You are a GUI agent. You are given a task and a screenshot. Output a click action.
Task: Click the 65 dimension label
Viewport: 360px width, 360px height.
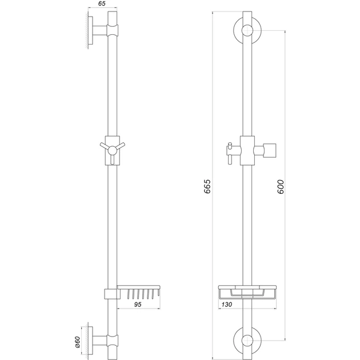(102, 3)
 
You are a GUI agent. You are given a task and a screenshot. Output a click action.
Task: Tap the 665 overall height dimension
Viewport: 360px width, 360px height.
(207, 186)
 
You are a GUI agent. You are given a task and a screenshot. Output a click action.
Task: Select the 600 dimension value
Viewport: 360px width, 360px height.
(281, 187)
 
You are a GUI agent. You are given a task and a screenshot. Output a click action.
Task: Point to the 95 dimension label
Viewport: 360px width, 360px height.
(138, 305)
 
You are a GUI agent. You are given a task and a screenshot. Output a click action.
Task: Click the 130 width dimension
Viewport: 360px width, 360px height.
(227, 305)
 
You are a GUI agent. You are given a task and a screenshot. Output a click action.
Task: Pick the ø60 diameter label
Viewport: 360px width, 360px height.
(78, 342)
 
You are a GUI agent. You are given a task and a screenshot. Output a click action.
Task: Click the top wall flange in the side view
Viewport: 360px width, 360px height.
(91, 30)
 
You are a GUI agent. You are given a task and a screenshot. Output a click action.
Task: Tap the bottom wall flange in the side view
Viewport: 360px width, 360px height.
(91, 341)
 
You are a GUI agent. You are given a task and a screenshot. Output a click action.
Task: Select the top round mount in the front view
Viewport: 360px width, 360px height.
(247, 30)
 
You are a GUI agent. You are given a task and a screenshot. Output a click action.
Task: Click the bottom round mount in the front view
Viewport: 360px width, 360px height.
(247, 341)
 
